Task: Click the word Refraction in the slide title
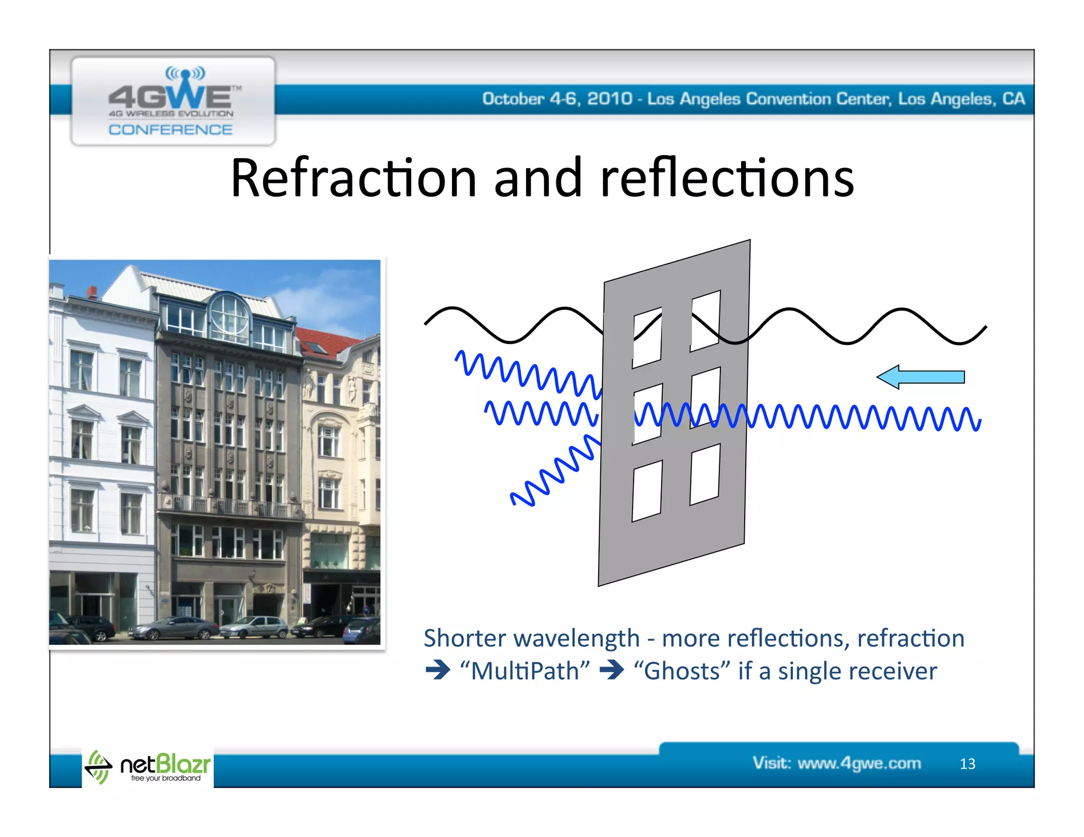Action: [354, 178]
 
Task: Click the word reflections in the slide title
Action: [727, 178]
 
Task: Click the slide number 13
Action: [967, 764]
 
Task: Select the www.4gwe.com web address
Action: [859, 763]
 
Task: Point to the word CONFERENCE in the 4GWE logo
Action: [170, 130]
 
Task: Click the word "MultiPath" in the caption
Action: [525, 671]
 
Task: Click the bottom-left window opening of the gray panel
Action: [647, 491]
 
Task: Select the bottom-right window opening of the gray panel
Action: [704, 475]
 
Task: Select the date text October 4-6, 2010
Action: [557, 99]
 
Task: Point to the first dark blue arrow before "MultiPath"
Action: [437, 671]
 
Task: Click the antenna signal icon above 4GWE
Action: [185, 74]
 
